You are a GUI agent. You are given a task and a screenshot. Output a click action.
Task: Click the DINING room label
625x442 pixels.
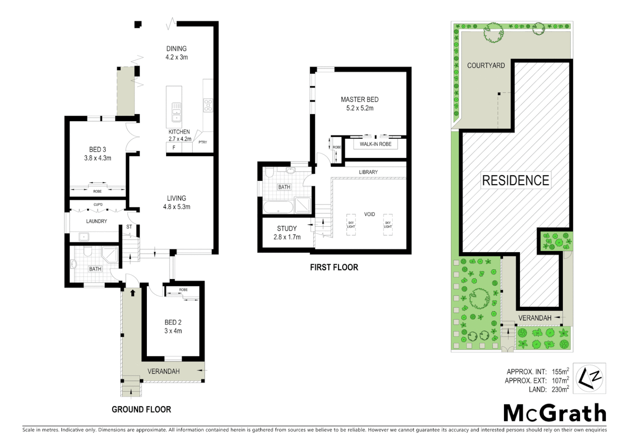point(176,49)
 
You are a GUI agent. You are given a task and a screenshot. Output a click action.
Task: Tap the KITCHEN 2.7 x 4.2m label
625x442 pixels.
point(180,135)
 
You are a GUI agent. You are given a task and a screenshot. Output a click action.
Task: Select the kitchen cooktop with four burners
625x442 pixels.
point(208,105)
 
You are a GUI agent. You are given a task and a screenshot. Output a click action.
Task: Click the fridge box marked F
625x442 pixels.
point(174,148)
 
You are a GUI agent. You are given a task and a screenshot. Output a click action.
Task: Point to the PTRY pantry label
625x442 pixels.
point(203,142)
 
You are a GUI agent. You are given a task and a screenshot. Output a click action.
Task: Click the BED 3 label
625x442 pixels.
point(97,150)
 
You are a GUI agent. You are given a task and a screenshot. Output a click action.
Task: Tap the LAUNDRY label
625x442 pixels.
point(97,221)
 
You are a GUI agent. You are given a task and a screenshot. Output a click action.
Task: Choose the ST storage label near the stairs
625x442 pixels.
point(129,227)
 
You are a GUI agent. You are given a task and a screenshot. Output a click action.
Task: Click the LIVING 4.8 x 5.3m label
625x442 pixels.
point(177,203)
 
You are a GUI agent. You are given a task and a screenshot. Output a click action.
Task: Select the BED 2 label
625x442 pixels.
point(173,322)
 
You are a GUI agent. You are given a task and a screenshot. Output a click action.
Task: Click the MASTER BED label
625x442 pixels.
point(360,99)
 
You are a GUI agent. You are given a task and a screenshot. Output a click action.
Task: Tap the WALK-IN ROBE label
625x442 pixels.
point(375,144)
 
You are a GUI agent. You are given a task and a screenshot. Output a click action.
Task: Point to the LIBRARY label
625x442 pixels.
point(368,172)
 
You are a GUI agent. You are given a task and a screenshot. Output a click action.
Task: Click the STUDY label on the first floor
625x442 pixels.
point(287,229)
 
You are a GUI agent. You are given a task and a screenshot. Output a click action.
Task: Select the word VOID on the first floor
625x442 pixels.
point(369,214)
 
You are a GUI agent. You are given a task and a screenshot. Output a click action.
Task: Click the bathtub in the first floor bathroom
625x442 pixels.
point(278,207)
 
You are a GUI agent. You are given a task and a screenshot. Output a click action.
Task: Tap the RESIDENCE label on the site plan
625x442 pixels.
point(515,180)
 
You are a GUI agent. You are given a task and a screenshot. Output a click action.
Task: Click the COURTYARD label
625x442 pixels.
point(486,65)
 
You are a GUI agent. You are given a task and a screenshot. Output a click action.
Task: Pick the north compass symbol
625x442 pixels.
point(589,378)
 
